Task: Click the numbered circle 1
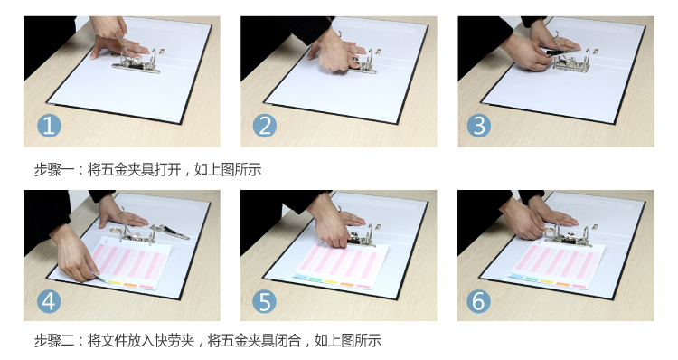49,126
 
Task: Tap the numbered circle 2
265,126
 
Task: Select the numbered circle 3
479,126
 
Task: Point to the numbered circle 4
49,301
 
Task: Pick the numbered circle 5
265,301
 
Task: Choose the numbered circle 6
478,301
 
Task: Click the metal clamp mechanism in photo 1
137,61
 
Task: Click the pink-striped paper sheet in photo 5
340,265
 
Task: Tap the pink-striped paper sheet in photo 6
557,264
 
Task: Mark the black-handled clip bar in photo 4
170,231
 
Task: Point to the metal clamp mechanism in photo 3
571,62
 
